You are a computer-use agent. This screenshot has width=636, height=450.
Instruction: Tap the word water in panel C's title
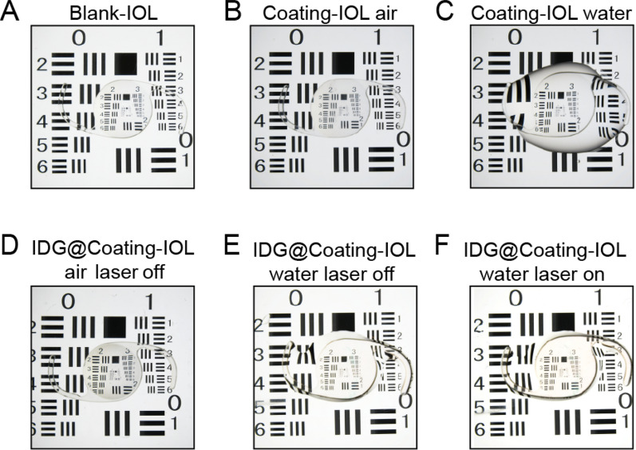599,14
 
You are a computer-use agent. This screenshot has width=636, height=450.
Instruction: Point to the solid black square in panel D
114,326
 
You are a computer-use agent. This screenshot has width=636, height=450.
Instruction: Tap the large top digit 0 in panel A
78,37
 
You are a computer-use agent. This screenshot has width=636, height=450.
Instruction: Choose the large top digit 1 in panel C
595,37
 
